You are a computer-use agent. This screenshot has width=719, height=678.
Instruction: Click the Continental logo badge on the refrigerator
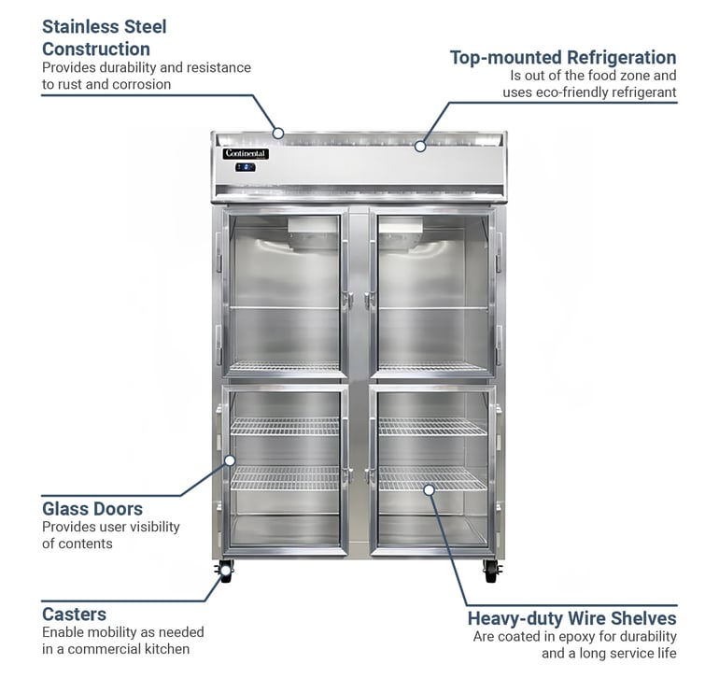tap(246, 154)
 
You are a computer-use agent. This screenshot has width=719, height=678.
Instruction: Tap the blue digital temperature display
tap(246, 167)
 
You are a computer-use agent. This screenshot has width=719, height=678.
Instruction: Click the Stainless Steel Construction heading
tap(104, 37)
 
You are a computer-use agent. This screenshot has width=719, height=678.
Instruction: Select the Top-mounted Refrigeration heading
tap(563, 57)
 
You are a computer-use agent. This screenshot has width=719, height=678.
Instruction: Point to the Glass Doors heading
tap(92, 509)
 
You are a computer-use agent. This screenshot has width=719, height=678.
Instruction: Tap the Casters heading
tap(75, 614)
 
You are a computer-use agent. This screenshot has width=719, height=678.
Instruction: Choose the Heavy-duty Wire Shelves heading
tap(571, 618)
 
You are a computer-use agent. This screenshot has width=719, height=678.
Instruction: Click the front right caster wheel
tap(490, 572)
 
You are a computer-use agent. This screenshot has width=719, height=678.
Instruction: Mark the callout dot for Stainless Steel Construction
tap(278, 134)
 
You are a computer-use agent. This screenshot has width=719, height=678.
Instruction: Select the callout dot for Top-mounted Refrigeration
tap(420, 147)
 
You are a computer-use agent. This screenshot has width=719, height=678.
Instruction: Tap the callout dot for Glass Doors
tap(231, 460)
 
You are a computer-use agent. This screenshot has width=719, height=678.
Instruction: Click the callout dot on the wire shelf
tap(429, 490)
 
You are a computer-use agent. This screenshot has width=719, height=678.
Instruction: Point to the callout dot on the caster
tap(225, 571)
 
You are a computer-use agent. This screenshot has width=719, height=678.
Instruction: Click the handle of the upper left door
tap(348, 301)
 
